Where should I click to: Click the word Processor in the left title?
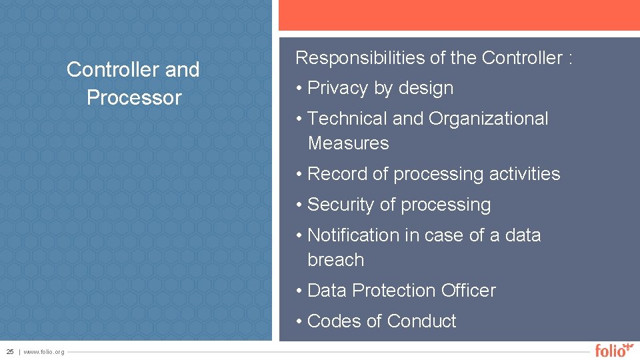pyautogui.click(x=134, y=98)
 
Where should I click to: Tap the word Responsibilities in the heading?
pyautogui.click(x=361, y=59)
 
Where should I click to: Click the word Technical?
pyautogui.click(x=347, y=119)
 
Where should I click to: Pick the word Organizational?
pyautogui.click(x=488, y=119)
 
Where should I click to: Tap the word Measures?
pyautogui.click(x=348, y=143)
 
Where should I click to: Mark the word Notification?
pyautogui.click(x=353, y=235)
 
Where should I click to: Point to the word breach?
pyautogui.click(x=336, y=260)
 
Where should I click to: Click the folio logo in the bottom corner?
pyautogui.click(x=613, y=349)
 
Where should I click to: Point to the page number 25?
pyautogui.click(x=10, y=352)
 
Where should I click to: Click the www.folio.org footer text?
pyautogui.click(x=44, y=352)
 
